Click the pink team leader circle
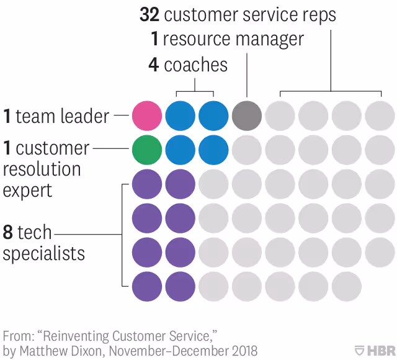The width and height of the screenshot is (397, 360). coord(147,115)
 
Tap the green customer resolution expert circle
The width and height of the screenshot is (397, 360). coord(147,149)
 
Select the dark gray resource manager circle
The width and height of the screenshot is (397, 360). coord(247,115)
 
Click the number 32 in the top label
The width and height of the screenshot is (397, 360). coord(151,16)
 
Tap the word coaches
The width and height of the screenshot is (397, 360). coord(196,65)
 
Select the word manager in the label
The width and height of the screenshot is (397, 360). coord(269,40)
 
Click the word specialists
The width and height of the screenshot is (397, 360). coord(44,253)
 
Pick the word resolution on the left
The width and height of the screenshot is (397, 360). coord(42,169)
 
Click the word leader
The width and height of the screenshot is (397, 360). coord(85,116)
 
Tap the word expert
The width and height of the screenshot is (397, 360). coord(28,189)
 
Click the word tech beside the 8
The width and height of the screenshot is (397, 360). coord(35,233)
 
